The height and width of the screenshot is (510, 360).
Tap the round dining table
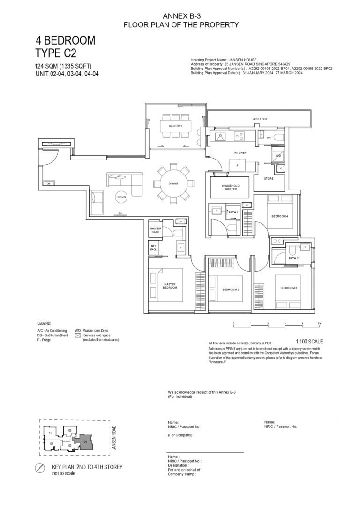tap(173, 183)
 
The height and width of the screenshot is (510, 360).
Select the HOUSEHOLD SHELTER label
tap(230, 187)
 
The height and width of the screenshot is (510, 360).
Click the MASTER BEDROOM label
tap(170, 285)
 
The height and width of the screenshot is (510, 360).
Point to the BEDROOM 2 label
tap(231, 290)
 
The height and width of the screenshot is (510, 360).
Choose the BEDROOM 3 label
tap(289, 288)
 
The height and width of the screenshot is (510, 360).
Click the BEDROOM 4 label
tap(280, 216)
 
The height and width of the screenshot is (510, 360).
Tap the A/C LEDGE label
tap(260, 120)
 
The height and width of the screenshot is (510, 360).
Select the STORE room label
tap(269, 179)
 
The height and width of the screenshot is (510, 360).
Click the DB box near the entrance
tap(48, 183)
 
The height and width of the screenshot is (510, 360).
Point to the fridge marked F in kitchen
tap(238, 165)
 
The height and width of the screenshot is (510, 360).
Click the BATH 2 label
tap(293, 258)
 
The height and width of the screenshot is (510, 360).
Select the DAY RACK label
tap(153, 248)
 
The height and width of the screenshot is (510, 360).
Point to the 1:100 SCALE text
tap(309, 342)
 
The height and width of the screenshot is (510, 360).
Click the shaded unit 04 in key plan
tap(85, 441)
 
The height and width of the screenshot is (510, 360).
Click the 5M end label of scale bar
tap(319, 324)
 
